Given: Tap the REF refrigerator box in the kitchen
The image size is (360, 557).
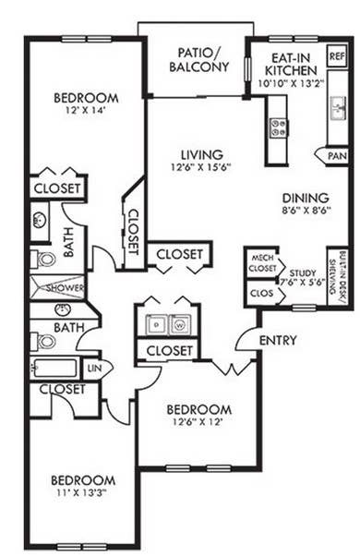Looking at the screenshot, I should pos(336,56).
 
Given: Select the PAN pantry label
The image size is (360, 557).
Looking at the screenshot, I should pos(336,156).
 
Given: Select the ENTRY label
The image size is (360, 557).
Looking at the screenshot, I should pos(278,341).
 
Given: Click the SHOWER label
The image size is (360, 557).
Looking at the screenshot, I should pos(66,287).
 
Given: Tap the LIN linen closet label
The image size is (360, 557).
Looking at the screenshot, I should pos(94,369).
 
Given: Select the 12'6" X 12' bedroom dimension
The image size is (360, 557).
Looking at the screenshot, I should pos(198,422).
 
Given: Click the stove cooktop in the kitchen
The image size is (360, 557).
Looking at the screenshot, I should pos(276,126).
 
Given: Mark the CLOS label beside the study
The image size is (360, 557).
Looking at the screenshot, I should pos(260,293).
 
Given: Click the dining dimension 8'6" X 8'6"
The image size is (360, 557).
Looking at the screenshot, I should pos(306,211).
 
